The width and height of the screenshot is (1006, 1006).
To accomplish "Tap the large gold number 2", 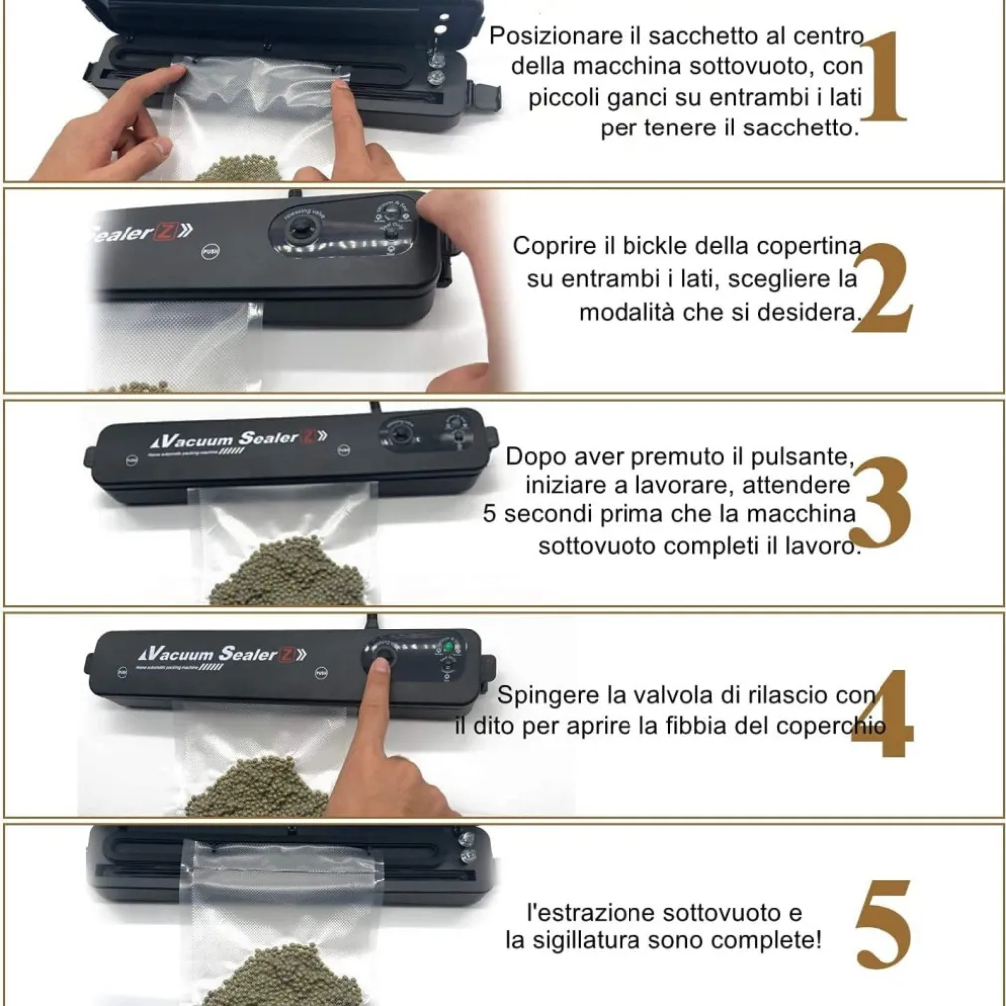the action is (x=881, y=288).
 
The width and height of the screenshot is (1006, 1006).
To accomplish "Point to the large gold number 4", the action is (x=882, y=714).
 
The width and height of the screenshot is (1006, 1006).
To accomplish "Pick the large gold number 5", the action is (x=882, y=924).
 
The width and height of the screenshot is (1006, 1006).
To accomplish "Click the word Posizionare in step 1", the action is (x=557, y=35).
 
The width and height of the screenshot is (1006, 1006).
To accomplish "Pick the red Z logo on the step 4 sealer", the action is (x=287, y=655).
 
